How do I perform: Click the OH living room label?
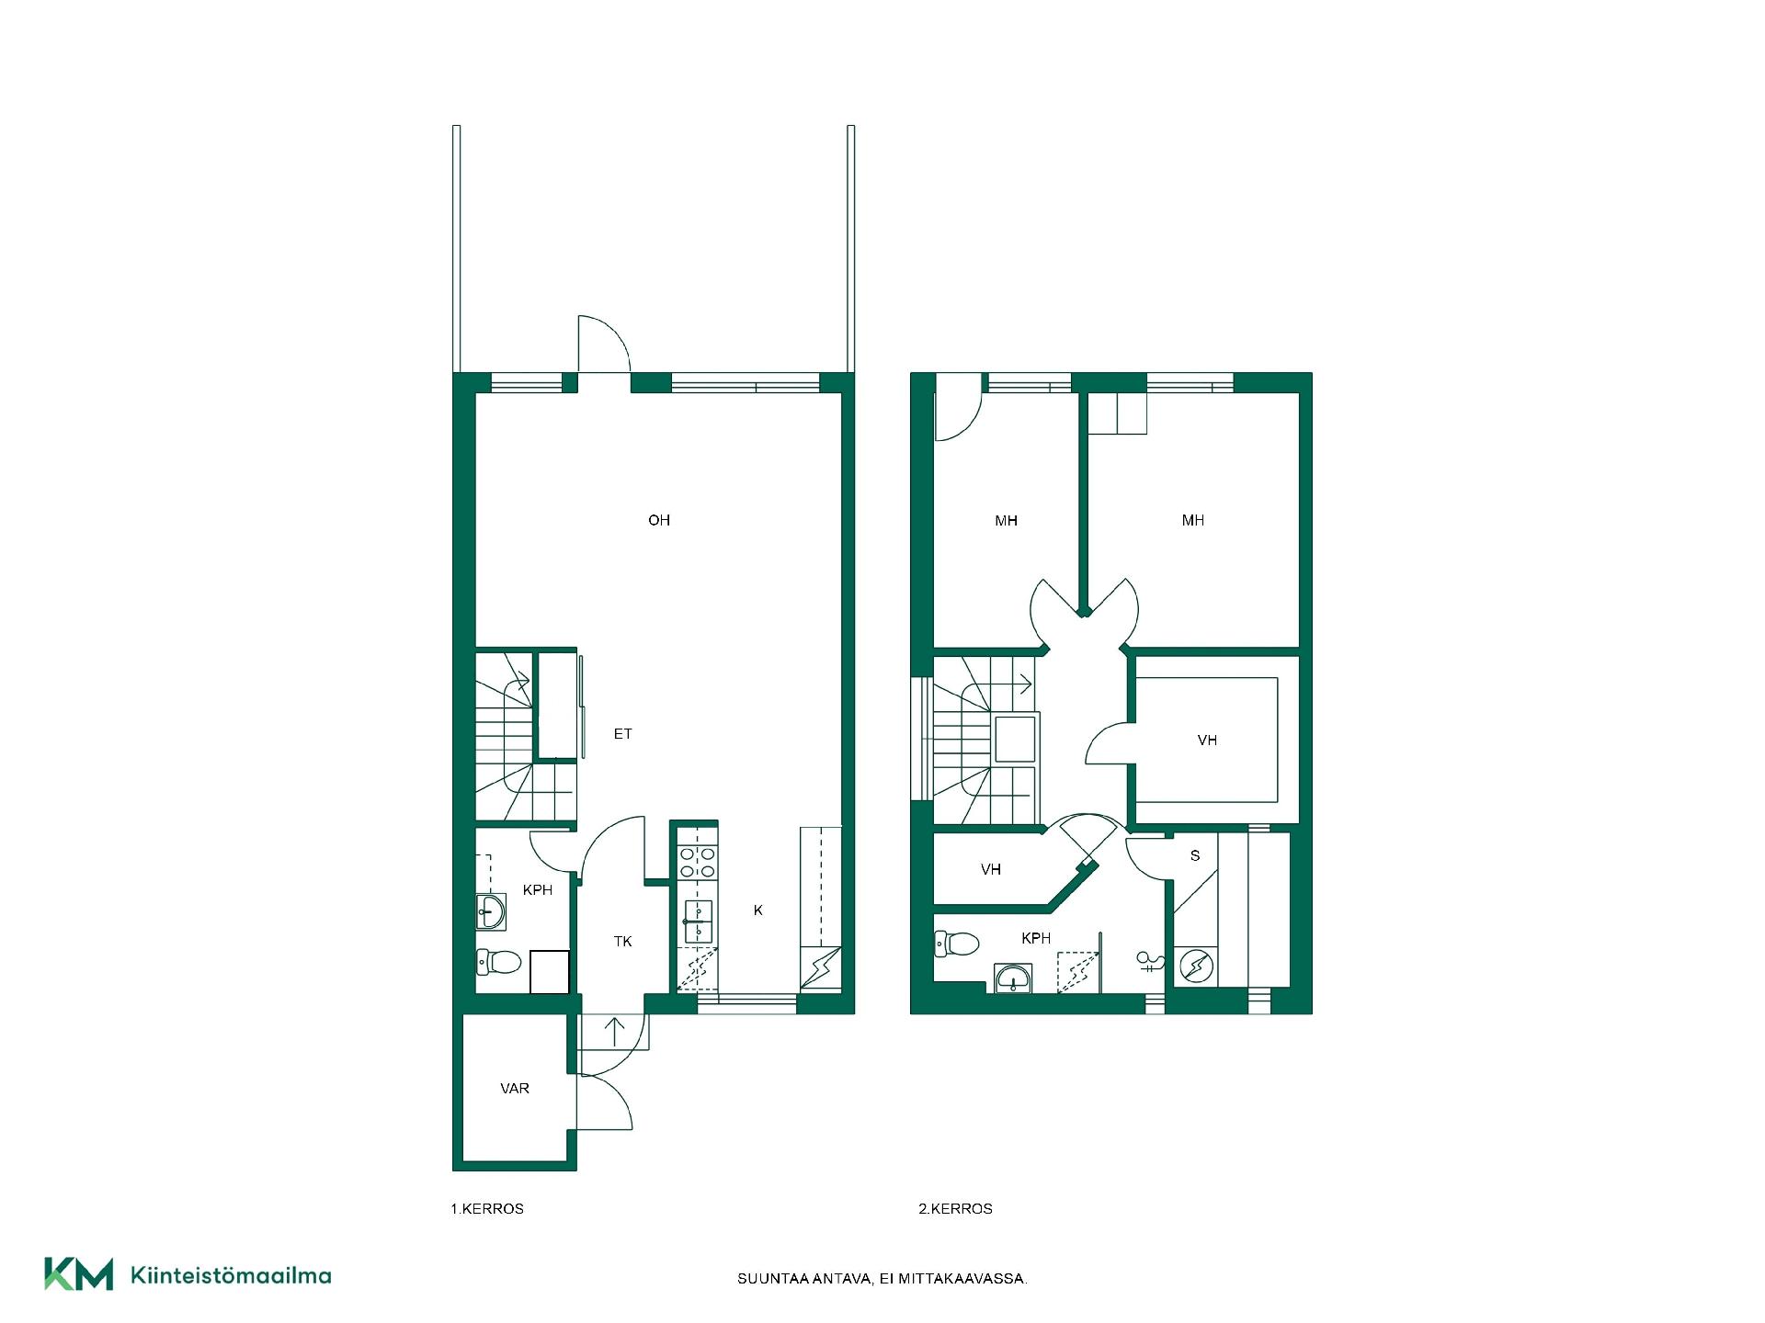pyautogui.click(x=659, y=520)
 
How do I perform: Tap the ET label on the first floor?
pyautogui.click(x=622, y=733)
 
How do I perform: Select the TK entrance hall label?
pyautogui.click(x=622, y=941)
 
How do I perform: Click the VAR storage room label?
pyautogui.click(x=515, y=1088)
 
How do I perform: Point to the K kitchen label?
pyautogui.click(x=757, y=910)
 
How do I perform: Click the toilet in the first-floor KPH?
pyautogui.click(x=499, y=962)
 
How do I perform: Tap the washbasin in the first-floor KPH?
pyautogui.click(x=491, y=912)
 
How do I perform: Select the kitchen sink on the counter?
pyautogui.click(x=699, y=922)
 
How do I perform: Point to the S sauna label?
pyautogui.click(x=1195, y=855)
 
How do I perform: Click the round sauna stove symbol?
pyautogui.click(x=1196, y=966)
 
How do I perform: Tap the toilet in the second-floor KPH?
pyautogui.click(x=957, y=944)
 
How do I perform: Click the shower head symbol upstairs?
pyautogui.click(x=1150, y=962)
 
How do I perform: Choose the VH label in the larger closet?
pyautogui.click(x=1207, y=740)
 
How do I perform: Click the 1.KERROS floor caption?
pyautogui.click(x=487, y=1209)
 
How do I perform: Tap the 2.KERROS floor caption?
pyautogui.click(x=956, y=1209)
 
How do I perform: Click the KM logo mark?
pyautogui.click(x=79, y=1274)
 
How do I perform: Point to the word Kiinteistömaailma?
pyautogui.click(x=232, y=1275)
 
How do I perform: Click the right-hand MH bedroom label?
pyautogui.click(x=1193, y=520)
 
